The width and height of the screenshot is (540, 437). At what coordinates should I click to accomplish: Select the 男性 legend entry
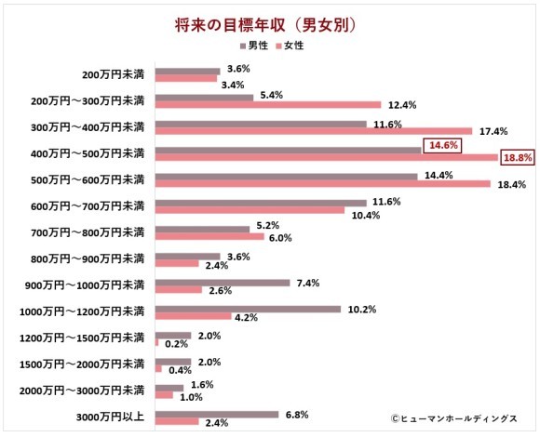pyautogui.click(x=257, y=46)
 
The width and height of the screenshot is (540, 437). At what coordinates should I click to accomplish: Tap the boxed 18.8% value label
pyautogui.click(x=518, y=159)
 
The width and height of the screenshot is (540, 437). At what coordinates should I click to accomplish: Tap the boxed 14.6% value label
pyautogui.click(x=440, y=145)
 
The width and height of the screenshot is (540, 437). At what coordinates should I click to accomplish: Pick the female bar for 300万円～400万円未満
pyautogui.click(x=313, y=131)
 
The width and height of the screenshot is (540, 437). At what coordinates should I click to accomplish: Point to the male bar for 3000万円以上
pyautogui.click(x=216, y=415)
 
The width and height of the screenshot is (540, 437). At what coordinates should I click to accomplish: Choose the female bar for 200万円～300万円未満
pyautogui.click(x=267, y=104)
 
